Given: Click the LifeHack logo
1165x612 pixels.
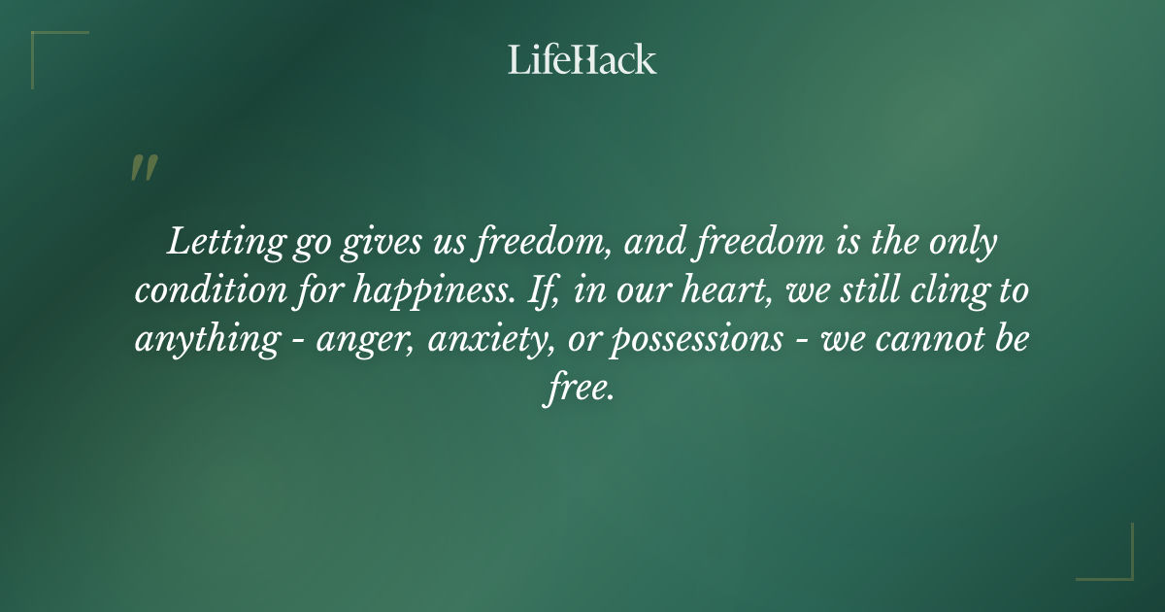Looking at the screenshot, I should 582,60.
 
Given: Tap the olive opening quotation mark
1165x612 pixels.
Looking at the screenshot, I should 143,169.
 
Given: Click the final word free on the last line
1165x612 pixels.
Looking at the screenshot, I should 577,391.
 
